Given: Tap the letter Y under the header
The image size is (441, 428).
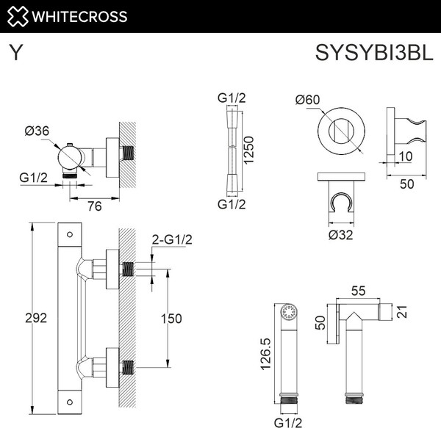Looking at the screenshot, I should (15, 54).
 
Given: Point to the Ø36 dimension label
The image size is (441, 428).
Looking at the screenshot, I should (37, 131).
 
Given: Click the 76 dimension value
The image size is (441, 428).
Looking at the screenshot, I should (93, 206).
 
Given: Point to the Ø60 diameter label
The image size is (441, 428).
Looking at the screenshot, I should (306, 101).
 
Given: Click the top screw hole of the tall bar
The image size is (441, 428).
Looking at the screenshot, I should (69, 235).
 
